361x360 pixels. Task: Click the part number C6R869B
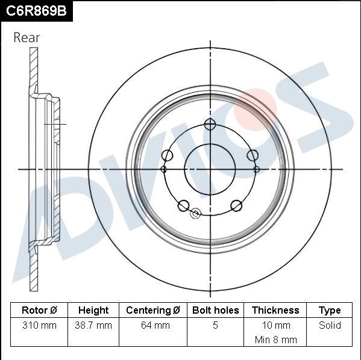pos(36,11)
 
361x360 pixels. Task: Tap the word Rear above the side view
pos(27,37)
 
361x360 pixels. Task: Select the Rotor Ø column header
pos(39,310)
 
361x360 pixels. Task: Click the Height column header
pos(93,310)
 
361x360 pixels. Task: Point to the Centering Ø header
pos(153,310)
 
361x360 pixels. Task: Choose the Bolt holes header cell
pos(216,310)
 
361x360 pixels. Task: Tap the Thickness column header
pos(275,310)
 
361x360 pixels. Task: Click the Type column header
pos(330,310)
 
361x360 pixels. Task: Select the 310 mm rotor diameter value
pos(39,325)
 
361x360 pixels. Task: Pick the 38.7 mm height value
pos(93,325)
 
